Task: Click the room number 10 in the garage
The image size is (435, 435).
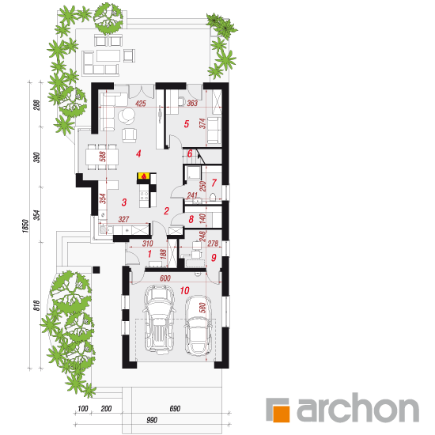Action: tap(184, 290)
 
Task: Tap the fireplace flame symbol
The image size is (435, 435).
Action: tap(144, 176)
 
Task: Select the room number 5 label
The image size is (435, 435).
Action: tap(187, 123)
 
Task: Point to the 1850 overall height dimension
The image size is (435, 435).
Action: tap(25, 226)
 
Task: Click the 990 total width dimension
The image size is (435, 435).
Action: tap(152, 420)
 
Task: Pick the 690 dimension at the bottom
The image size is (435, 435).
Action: tap(175, 408)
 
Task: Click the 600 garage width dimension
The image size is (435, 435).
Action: tap(165, 278)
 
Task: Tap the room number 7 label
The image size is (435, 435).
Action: tap(214, 183)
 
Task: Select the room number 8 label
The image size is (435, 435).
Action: tap(191, 219)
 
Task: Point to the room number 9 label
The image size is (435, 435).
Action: tap(214, 258)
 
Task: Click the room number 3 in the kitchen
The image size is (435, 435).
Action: tap(124, 202)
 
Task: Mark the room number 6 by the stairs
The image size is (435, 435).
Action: tap(190, 153)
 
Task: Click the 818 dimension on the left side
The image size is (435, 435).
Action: tap(37, 305)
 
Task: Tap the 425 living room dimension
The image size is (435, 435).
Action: tap(140, 104)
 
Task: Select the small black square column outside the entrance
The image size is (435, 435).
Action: tap(96, 270)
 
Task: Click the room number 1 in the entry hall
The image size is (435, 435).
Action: tap(149, 254)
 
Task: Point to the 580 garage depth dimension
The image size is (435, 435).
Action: tap(202, 308)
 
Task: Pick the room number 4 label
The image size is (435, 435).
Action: tap(138, 153)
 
